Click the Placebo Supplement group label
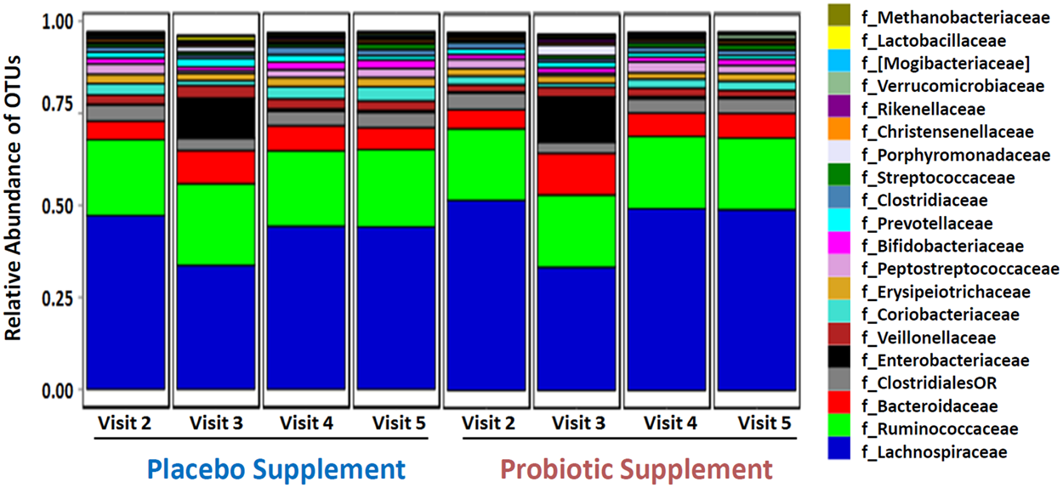[276, 468]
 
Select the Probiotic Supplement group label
[636, 468]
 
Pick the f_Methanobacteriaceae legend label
[954, 18]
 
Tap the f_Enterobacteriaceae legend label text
[945, 360]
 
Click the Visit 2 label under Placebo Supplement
[125, 423]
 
